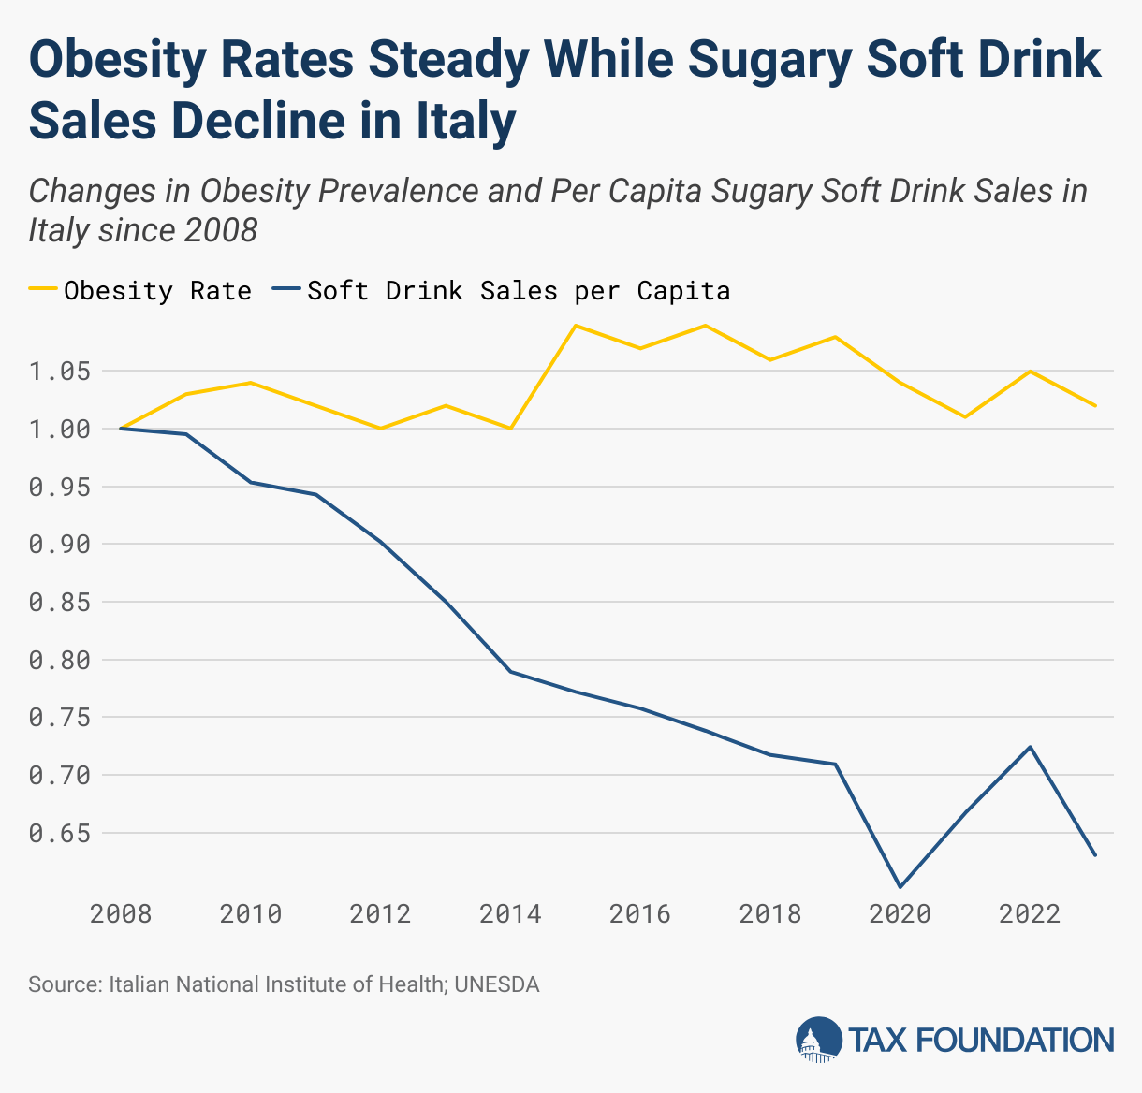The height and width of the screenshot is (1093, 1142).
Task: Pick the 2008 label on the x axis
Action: pos(121,913)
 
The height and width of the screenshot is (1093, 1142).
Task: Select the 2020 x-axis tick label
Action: pos(900,913)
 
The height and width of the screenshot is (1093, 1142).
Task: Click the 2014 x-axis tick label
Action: pos(510,913)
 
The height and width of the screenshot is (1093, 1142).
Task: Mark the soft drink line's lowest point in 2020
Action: pos(900,886)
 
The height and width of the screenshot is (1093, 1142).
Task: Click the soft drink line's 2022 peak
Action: pos(1030,747)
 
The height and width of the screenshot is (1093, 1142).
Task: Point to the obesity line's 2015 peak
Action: pos(576,326)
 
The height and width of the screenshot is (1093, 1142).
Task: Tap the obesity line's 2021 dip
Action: pos(965,416)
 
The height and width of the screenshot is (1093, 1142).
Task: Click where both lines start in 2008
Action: pos(121,429)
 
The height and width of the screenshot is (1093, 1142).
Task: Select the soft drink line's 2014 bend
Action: pos(510,672)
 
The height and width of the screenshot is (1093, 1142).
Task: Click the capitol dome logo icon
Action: pos(818,1040)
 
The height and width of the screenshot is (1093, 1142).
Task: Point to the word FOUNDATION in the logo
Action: pos(1014,1040)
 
